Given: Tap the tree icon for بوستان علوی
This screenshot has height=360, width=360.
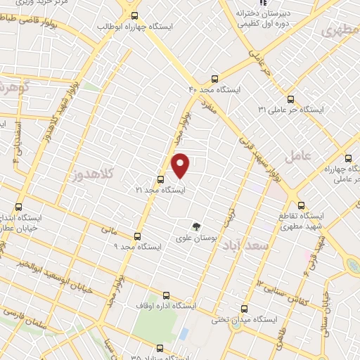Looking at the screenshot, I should click(x=197, y=226).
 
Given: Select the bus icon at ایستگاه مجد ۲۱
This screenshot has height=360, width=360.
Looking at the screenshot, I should click(x=160, y=179).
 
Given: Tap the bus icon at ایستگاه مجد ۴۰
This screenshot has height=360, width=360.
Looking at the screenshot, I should click(x=214, y=79).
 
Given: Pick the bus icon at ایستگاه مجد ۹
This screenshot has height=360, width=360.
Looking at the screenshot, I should click(x=137, y=236).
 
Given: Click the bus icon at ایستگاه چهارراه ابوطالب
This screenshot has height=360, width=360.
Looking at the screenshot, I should click(x=135, y=15).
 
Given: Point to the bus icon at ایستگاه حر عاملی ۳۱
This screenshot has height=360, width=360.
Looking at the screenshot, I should click(x=292, y=99).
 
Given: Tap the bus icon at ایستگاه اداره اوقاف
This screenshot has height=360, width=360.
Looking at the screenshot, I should click(x=166, y=295).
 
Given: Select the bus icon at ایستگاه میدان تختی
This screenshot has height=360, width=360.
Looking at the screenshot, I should click(x=244, y=308).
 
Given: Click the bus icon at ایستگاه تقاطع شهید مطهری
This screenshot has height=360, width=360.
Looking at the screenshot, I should click(x=302, y=206).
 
